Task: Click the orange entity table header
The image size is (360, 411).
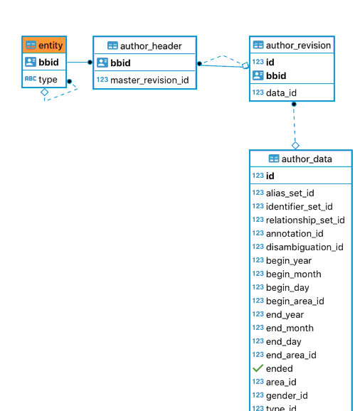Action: coord(44,45)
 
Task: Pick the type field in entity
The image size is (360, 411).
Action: coord(48,79)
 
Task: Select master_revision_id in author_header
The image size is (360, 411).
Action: coord(149,80)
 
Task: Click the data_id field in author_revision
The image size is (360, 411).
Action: coord(281,92)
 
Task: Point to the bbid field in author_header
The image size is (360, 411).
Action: coord(120,63)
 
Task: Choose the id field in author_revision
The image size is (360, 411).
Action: coord(270,62)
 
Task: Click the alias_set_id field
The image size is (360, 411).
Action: coord(290,193)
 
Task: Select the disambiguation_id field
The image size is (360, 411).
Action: coord(305,247)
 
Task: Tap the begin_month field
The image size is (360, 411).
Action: coord(293,274)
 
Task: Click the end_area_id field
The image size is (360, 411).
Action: coord(291,355)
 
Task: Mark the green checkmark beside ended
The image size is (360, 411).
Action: coord(258,368)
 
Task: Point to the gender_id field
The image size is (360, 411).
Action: coord(287,395)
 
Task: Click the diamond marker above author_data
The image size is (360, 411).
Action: coord(295,146)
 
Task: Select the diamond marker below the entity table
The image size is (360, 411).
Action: coord(45,92)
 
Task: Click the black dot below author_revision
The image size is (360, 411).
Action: coord(294,104)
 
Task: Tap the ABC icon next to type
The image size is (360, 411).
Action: coord(31,78)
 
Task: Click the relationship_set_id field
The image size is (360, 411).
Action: coord(305,220)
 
